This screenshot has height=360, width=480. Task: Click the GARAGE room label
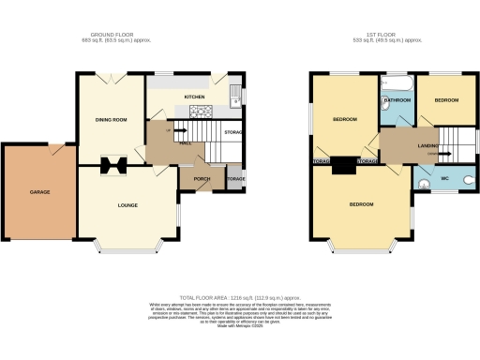coord(38,192)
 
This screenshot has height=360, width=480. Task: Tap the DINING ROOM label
coord(111,119)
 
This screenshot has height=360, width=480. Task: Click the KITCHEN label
coord(194,97)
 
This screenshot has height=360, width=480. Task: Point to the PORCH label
coord(201,177)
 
